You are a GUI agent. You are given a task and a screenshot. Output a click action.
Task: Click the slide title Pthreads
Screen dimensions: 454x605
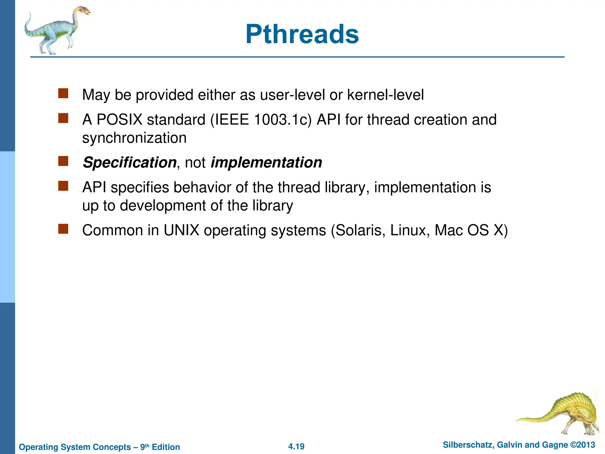[x=302, y=34]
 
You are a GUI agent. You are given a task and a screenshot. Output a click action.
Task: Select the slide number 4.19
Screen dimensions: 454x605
[x=296, y=446]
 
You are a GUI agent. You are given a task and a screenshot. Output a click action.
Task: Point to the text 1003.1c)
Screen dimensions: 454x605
[x=283, y=120]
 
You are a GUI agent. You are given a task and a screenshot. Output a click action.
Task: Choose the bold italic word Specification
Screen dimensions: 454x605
[x=129, y=163]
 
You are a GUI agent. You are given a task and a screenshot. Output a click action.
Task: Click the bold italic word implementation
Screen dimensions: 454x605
[x=266, y=163]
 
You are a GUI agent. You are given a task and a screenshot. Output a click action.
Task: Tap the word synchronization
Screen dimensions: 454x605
[x=134, y=138]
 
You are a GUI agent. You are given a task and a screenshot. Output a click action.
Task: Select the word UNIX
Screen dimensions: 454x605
[x=181, y=230]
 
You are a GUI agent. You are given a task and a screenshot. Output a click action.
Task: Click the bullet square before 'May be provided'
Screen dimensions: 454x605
[x=63, y=93]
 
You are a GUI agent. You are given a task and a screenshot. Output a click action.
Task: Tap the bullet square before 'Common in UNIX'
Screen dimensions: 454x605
[x=63, y=229]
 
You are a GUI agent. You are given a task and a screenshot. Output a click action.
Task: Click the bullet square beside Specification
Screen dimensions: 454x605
[x=63, y=161]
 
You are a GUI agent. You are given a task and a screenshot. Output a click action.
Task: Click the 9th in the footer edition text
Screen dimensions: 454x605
[x=144, y=447]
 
